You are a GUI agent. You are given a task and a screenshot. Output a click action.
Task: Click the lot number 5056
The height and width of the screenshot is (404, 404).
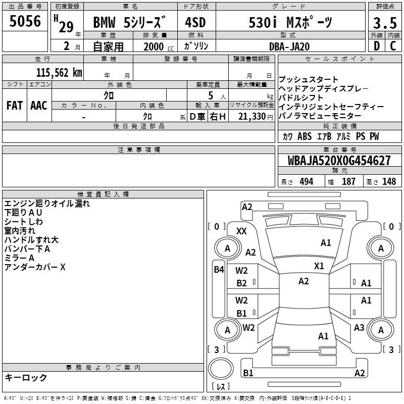coord(25,21)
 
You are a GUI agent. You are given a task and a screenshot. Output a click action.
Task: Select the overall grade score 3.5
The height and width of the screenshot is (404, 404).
coord(385,23)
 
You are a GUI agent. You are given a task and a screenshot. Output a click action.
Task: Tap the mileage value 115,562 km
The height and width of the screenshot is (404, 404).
coord(59,73)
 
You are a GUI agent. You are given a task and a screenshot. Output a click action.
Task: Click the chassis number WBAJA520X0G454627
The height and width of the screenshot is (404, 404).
coord(339,161)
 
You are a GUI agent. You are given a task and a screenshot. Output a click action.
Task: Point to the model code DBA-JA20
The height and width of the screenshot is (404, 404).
coord(289,46)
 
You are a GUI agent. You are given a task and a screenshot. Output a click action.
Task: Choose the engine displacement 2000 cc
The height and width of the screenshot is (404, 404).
coord(159,46)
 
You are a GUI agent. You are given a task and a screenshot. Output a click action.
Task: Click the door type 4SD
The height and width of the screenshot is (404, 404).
coord(195,22)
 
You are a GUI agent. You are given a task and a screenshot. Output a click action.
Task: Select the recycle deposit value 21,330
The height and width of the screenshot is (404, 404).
coord(251,117)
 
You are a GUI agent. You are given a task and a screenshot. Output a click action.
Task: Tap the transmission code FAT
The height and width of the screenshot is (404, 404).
coord(15,106)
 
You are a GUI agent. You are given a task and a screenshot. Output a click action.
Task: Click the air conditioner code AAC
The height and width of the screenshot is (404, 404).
coord(39,106)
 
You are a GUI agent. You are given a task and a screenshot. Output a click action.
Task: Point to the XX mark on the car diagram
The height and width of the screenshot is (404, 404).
coord(241,231)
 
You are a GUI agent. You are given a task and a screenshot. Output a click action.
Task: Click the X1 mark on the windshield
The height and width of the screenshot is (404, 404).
coord(319,266)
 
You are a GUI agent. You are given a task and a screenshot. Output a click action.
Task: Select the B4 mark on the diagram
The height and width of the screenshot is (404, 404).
coord(219,270)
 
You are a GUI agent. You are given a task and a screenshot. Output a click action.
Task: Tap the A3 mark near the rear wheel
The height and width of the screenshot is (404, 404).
coord(359,327)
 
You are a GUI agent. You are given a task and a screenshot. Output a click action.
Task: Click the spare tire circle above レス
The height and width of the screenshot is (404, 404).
coord(221,369)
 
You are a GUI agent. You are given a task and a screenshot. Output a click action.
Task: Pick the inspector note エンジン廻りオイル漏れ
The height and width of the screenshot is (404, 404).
coord(47,204)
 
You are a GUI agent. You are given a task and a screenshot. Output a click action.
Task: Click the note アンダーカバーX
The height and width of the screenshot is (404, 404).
coord(35,267)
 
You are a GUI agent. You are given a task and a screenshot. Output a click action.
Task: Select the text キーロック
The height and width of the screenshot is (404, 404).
coord(26,377)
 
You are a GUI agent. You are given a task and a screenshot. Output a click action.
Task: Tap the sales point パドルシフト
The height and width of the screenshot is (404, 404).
coord(301,97)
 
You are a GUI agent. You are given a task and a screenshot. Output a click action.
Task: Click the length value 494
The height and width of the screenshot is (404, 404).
coord(307,181)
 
